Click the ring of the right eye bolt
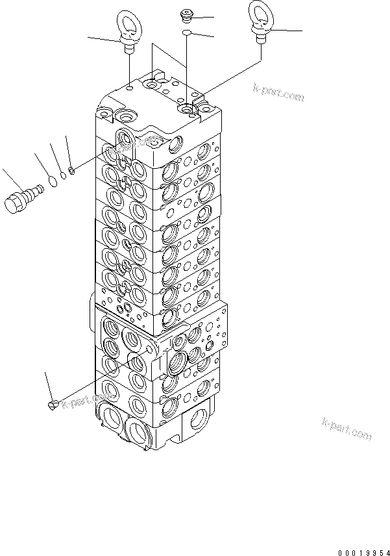(260, 16)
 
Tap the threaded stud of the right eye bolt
(260, 38)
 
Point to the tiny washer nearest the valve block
(72, 171)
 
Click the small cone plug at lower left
(54, 405)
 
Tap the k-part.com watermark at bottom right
(347, 429)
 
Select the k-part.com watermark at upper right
(278, 92)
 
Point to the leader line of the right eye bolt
(287, 31)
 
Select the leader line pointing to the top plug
(203, 18)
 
